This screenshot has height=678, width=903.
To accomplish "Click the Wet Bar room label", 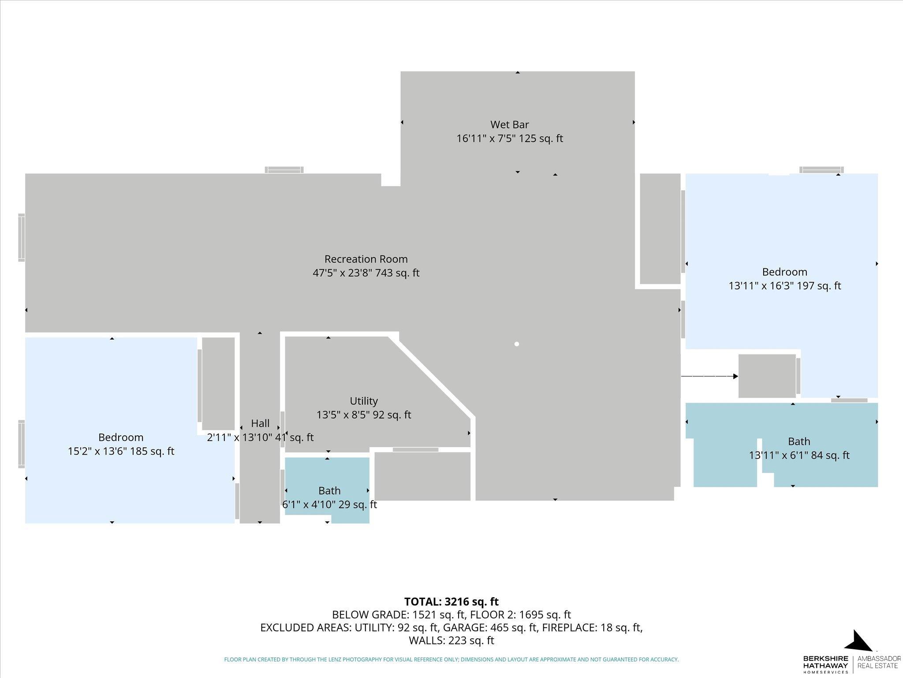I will pos(509,125).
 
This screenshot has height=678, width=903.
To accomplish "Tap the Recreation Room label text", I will pos(366,259).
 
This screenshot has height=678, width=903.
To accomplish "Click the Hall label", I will pos(260,423).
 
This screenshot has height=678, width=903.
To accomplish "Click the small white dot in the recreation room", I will pos(516,344).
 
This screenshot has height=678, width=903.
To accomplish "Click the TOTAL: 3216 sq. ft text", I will pos(451,602).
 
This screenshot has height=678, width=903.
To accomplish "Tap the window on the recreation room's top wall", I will pos(284,169).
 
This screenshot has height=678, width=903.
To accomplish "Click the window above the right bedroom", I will pos(821,169).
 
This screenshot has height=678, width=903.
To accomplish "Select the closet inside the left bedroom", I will pos(218,383).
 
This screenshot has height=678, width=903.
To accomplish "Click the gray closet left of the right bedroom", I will pos(660,229).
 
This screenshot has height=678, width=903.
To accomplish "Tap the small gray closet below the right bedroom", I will pos(767,376).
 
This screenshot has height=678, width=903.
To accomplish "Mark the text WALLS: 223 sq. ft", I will pos(451,640).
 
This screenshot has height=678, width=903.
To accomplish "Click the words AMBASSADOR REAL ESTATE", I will pos(879,662).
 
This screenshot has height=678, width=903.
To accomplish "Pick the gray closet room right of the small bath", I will pos(422,476).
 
